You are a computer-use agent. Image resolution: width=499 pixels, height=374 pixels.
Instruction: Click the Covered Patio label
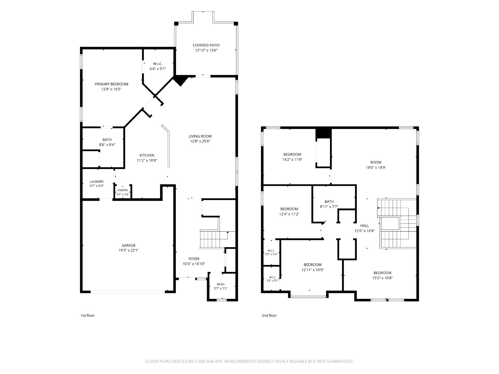pyautogui.click(x=206, y=45)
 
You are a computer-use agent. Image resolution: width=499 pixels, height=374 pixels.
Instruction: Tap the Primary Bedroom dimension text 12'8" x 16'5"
pyautogui.click(x=111, y=89)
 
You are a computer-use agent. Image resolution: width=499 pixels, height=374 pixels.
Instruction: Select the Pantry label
pyautogui.click(x=123, y=190)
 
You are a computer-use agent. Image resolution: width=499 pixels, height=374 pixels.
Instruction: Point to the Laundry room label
pyautogui.click(x=97, y=182)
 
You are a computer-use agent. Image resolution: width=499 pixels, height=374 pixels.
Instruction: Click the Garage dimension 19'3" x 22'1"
pyautogui.click(x=129, y=250)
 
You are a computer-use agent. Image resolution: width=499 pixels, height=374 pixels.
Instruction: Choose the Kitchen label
pyautogui.click(x=147, y=155)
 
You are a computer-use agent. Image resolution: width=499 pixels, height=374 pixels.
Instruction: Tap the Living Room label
pyautogui.click(x=200, y=136)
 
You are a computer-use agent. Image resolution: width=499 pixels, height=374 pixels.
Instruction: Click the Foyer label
pyautogui.click(x=194, y=259)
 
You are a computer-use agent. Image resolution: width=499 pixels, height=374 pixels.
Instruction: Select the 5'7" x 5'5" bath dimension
pyautogui.click(x=220, y=288)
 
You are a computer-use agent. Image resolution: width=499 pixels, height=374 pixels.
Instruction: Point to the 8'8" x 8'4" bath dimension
pyautogui.click(x=107, y=145)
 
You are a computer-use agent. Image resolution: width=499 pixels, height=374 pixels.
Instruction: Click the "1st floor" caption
pyautogui.click(x=88, y=315)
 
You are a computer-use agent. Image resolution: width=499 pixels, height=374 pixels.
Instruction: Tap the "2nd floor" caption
pyautogui.click(x=269, y=315)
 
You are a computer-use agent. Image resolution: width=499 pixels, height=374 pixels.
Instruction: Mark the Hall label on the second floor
pyautogui.click(x=364, y=225)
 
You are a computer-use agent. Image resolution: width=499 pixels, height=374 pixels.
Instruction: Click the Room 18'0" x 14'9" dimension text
pyautogui.click(x=376, y=168)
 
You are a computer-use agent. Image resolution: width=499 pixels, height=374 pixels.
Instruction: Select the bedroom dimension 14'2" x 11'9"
pyautogui.click(x=292, y=159)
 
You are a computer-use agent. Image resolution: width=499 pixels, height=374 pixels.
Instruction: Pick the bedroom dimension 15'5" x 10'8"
pyautogui.click(x=382, y=278)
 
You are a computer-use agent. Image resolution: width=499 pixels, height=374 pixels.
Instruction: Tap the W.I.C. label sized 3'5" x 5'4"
pyautogui.click(x=271, y=251)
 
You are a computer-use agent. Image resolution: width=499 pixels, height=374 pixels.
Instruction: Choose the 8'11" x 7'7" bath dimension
pyautogui.click(x=329, y=207)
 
